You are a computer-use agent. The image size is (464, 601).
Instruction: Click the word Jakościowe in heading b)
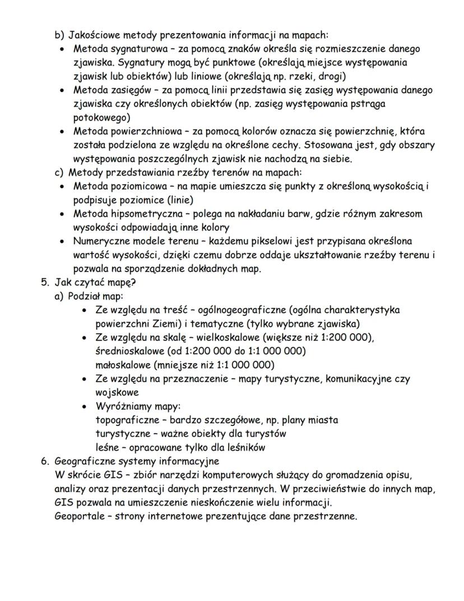92,35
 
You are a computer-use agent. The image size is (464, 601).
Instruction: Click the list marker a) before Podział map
59,296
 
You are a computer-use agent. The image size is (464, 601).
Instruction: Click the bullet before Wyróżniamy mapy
84,406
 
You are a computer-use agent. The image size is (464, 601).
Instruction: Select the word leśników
244,447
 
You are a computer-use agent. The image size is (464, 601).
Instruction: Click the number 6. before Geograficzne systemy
45,461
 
